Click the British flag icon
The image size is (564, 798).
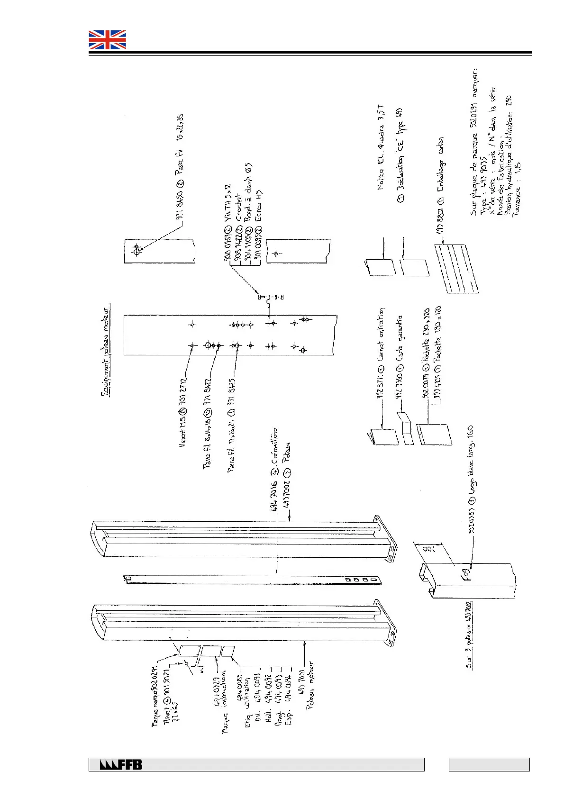pos(108,40)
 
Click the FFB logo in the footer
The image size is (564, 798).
pos(121,764)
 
